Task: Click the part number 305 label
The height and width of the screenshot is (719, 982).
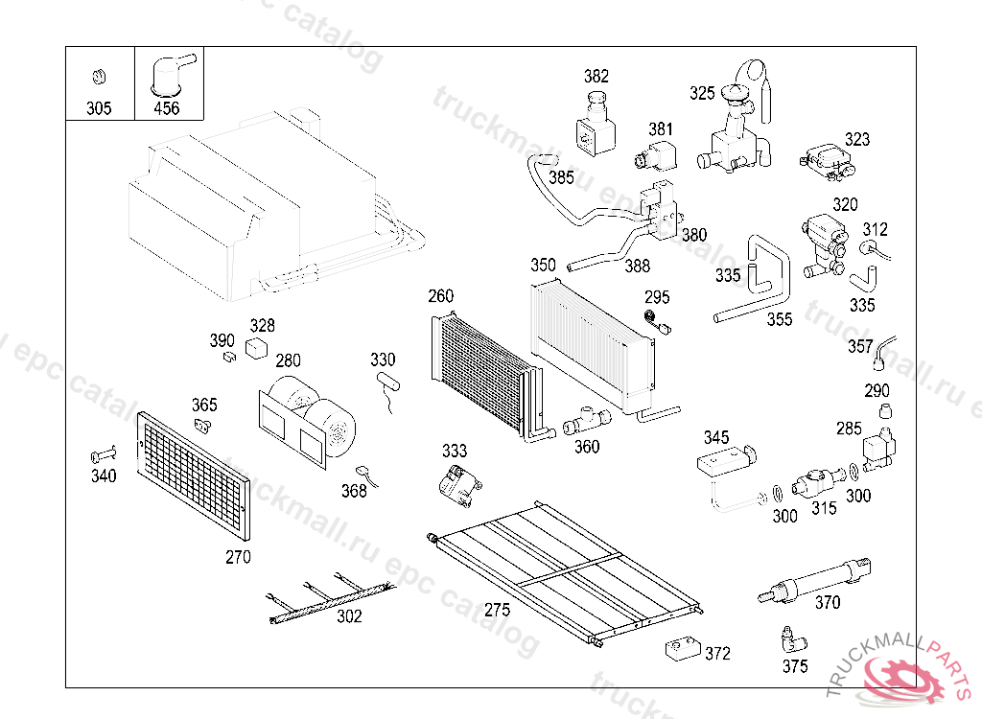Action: tap(99, 108)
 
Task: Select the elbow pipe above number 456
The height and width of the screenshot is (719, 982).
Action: tap(169, 75)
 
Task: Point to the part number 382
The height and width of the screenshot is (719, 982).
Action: tap(596, 77)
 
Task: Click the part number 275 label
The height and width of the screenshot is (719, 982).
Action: tap(497, 610)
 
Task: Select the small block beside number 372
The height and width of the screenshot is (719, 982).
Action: tap(681, 649)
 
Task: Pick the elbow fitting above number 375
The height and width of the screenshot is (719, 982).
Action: tap(793, 639)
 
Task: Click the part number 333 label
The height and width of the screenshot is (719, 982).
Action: tap(455, 451)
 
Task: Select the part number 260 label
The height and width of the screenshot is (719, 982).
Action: tap(441, 296)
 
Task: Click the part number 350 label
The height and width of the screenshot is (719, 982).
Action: tap(543, 265)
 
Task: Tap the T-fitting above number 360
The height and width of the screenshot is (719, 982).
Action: tap(582, 420)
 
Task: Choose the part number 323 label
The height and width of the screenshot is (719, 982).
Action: tap(857, 139)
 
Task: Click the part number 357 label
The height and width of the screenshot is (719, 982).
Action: tap(860, 346)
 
